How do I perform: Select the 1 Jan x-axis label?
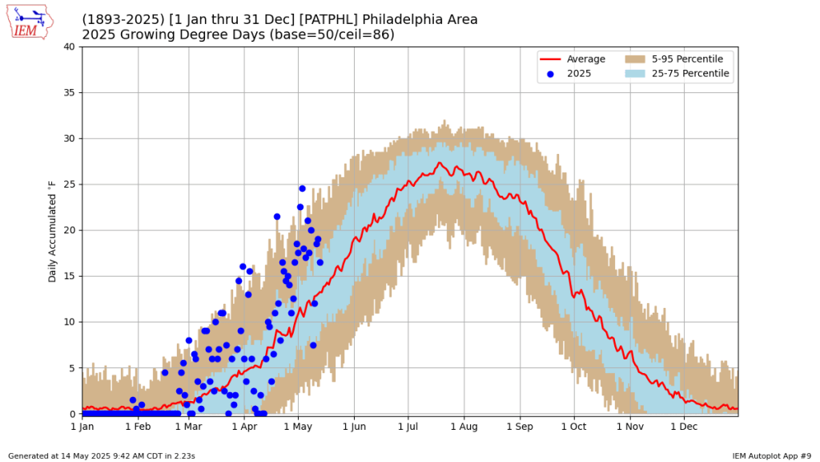click(82, 426)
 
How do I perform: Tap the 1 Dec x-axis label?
click(684, 426)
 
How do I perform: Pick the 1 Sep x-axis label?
click(520, 426)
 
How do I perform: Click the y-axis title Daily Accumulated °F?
click(53, 230)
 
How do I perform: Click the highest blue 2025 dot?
click(302, 188)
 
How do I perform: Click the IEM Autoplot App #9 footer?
click(771, 456)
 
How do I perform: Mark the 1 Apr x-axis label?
click(244, 426)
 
